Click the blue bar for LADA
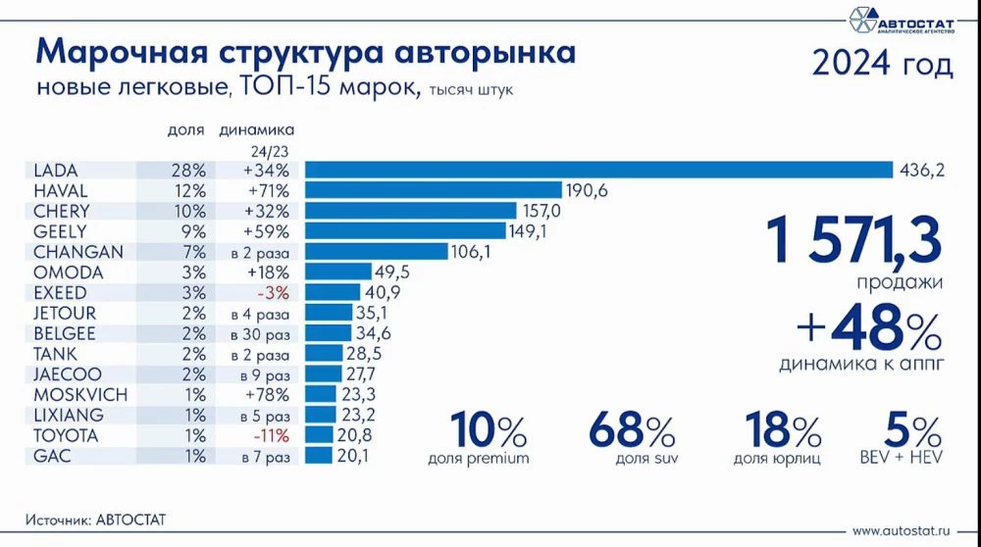pos(597,170)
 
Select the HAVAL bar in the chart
pos(433,190)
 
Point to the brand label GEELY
pos(61,231)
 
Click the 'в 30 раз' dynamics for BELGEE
pos(260,333)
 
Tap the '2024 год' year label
pos(882,65)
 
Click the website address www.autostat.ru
pos(902,530)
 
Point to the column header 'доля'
pos(185,129)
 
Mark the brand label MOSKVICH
pos(75,394)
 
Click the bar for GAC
pos(319,456)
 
